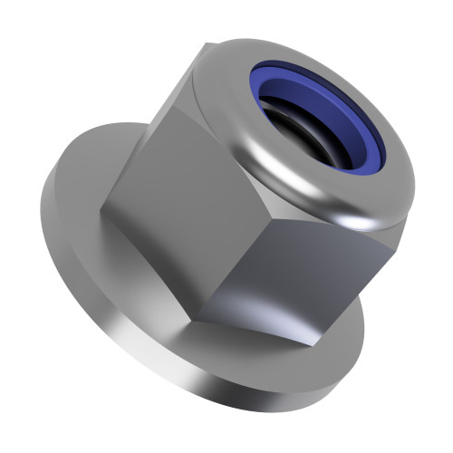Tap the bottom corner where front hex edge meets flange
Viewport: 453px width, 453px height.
click(x=200, y=316)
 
